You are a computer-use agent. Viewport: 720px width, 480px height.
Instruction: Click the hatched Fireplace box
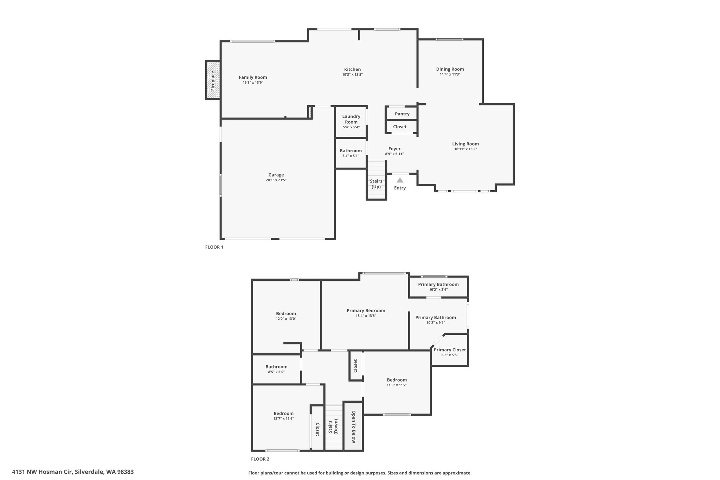(x=213, y=80)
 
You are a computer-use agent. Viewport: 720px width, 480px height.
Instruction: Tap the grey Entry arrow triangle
(x=400, y=180)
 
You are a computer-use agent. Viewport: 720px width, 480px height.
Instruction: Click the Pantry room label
(x=402, y=114)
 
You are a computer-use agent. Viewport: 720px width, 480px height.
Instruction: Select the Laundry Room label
(x=351, y=119)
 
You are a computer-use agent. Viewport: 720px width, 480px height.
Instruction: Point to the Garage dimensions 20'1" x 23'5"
(x=276, y=180)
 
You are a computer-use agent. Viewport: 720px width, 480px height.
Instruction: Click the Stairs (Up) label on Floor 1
(x=376, y=184)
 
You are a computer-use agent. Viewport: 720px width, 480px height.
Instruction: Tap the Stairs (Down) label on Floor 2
(x=333, y=427)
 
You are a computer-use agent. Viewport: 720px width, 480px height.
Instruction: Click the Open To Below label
(x=353, y=427)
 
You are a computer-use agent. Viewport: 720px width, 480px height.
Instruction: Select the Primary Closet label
(x=450, y=350)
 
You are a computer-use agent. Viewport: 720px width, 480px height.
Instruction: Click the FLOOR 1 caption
(x=214, y=247)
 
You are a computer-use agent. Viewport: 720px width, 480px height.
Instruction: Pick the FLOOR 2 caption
(x=260, y=459)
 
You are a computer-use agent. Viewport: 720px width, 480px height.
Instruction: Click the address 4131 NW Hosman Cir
(x=42, y=472)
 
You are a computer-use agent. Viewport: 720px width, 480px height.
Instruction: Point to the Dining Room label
(x=450, y=69)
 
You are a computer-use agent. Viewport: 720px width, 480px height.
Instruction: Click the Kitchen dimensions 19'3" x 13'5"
(x=352, y=75)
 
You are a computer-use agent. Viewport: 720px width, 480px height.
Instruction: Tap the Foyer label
(x=394, y=149)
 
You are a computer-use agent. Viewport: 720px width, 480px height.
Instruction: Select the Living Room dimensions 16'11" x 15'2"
(x=465, y=149)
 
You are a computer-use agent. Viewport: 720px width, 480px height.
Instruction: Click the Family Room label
(x=253, y=77)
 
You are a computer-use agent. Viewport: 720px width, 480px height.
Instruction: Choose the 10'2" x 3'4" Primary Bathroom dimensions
(x=438, y=290)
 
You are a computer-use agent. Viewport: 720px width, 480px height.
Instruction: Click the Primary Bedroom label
(x=366, y=311)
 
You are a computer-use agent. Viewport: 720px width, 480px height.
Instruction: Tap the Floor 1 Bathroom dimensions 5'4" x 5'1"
(x=351, y=156)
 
